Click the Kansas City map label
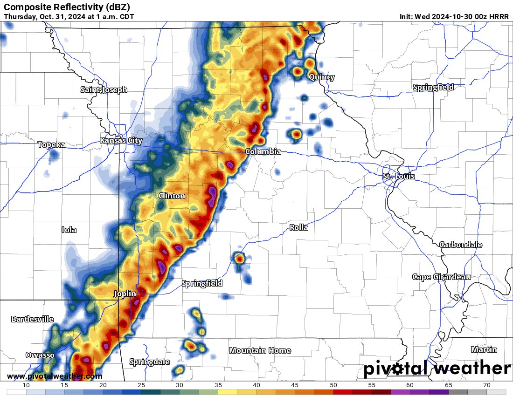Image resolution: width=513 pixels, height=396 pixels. tap(121, 140)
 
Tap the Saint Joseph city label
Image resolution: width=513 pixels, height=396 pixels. tap(104, 89)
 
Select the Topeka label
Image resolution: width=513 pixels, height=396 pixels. tap(51, 145)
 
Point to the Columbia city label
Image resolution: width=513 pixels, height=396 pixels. tap(263, 151)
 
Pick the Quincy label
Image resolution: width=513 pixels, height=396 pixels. tap(321, 77)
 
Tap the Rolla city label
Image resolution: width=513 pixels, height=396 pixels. tap(298, 228)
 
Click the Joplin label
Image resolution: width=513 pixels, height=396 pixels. tap(125, 294)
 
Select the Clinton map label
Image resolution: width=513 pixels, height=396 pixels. tap(172, 196)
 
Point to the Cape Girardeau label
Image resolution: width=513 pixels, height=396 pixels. tap(441, 277)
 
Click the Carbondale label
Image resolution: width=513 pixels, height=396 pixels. tap(461, 245)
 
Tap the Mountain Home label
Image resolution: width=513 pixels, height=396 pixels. tap(260, 350)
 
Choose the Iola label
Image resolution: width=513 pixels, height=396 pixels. tap(69, 230)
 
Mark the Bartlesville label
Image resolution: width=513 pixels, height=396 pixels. tap(32, 319)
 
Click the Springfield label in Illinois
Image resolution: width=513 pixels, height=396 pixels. tap(433, 87)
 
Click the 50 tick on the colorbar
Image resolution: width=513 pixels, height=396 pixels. tap(333, 385)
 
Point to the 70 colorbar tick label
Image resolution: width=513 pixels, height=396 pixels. tap(486, 385)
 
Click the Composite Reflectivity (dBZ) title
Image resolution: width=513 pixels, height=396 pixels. tap(67, 7)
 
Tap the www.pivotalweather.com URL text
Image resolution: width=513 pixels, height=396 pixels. tap(55, 376)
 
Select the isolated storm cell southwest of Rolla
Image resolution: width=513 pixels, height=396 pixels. tap(239, 257)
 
